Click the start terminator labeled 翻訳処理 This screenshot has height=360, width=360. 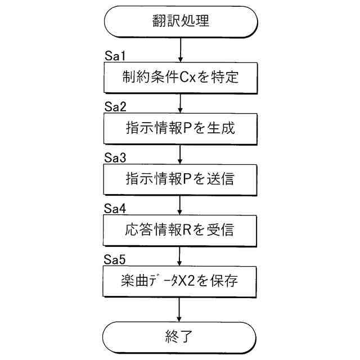pyautogui.click(x=180, y=22)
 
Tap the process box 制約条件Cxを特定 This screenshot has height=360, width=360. pyautogui.click(x=180, y=77)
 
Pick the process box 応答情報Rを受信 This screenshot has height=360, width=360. pyautogui.click(x=180, y=229)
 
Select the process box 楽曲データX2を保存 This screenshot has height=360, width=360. pyautogui.click(x=180, y=281)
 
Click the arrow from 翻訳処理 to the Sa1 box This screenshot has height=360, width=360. pyautogui.click(x=180, y=49)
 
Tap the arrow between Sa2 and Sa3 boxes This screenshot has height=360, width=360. pyautogui.click(x=180, y=154)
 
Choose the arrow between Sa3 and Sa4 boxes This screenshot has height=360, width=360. pyautogui.click(x=180, y=204)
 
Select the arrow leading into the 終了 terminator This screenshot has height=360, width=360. pyautogui.click(x=180, y=309)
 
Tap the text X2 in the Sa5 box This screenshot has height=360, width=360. pyautogui.click(x=197, y=281)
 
